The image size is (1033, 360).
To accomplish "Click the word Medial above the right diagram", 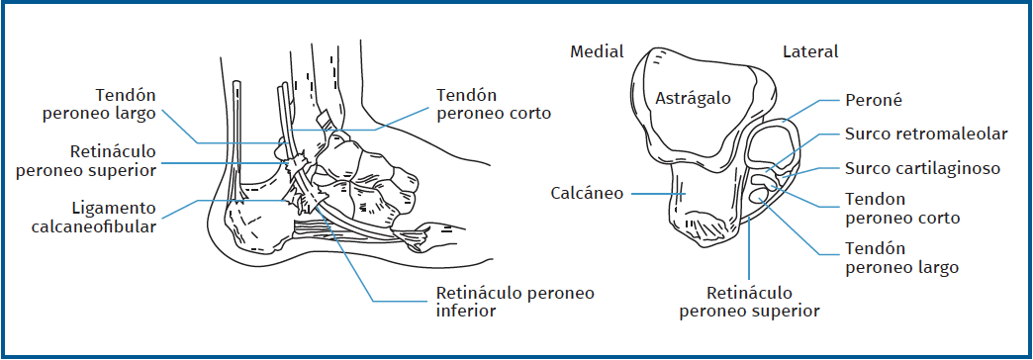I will coord(597,51).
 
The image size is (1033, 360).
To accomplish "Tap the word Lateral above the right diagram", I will coord(809,51).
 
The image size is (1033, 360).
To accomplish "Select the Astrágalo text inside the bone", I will coord(694,98).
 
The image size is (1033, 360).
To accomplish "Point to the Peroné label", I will coord(874,100).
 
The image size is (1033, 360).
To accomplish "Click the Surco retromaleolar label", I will coord(926,134).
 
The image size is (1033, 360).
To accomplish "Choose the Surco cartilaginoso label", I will coord(922,168).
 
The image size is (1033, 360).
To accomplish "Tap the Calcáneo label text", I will coord(588,193).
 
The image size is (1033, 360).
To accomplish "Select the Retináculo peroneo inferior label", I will coord(515,302).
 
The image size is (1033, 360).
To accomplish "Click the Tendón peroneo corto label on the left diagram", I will coord(493,104).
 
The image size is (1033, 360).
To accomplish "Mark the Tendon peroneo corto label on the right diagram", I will coord(902,208).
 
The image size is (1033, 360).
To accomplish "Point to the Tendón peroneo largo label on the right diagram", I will coord(902,258).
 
